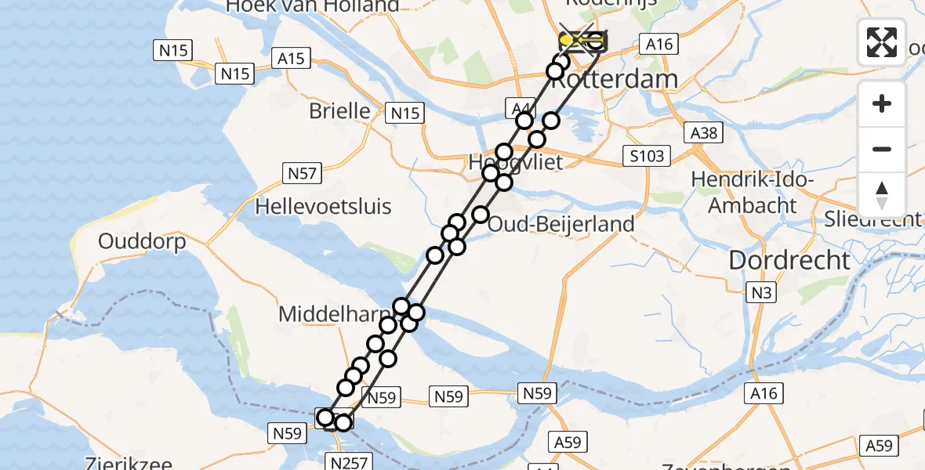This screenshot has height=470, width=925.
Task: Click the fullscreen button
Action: click(x=882, y=42)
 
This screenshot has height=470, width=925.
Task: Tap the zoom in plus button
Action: click(x=882, y=103)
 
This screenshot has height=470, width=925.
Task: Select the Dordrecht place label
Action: click(x=789, y=261)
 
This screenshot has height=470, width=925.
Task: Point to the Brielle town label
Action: click(x=339, y=110)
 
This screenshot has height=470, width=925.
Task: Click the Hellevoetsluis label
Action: click(x=324, y=208)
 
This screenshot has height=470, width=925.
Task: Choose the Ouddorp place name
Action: click(x=142, y=241)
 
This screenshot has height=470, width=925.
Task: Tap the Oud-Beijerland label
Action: click(x=560, y=224)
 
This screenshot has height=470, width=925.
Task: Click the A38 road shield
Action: click(x=702, y=132)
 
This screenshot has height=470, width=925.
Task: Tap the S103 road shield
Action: click(x=647, y=156)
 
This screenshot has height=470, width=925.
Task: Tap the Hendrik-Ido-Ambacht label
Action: click(x=753, y=193)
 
